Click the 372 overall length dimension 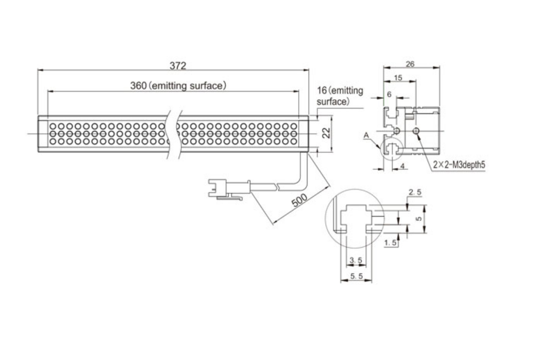tap(178, 65)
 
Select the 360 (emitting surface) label tap(178, 85)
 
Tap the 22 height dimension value tap(325, 133)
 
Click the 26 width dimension tap(410, 64)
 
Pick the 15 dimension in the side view tap(398, 77)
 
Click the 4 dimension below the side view tap(402, 166)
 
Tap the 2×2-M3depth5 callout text tap(460, 165)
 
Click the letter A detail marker tap(365, 135)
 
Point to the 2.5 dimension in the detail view tap(415, 192)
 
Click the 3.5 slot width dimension tap(355, 261)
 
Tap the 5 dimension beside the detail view tap(419, 218)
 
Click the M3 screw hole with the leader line tap(416, 132)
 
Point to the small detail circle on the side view tap(390, 149)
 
